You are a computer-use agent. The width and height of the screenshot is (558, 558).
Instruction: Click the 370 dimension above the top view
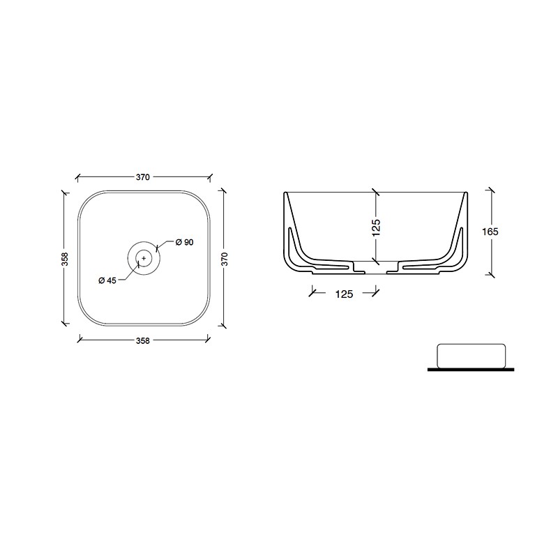tap(143, 177)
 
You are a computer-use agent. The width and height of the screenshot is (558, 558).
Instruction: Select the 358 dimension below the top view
tap(143, 340)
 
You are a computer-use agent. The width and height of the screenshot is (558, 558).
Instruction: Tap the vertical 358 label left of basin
tap(65, 259)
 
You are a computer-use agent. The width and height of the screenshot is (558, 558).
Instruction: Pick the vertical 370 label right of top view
tap(224, 259)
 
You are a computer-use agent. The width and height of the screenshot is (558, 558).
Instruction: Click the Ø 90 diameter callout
tap(185, 242)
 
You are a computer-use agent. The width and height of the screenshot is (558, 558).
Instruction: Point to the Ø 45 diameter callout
tap(107, 280)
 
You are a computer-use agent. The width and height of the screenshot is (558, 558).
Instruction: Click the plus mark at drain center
tap(144, 258)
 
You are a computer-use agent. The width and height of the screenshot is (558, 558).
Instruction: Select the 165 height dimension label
tap(490, 232)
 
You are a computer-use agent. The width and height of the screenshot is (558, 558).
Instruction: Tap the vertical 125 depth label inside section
tap(376, 228)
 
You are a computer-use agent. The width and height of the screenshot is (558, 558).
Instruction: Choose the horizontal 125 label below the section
tap(344, 294)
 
